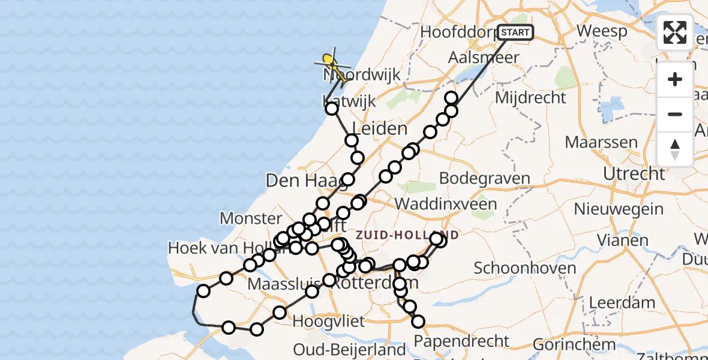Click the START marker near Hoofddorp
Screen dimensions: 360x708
point(515,32)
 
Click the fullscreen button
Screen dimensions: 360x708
point(675,32)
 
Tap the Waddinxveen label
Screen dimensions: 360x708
point(445,204)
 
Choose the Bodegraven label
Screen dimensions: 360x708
point(485,178)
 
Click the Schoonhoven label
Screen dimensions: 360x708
point(517,268)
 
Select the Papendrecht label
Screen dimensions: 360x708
point(462,341)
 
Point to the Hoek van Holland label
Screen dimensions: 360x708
point(221,248)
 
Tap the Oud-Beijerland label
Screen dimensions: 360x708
point(349,350)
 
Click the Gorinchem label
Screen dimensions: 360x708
point(574,345)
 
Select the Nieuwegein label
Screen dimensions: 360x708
point(619,209)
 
